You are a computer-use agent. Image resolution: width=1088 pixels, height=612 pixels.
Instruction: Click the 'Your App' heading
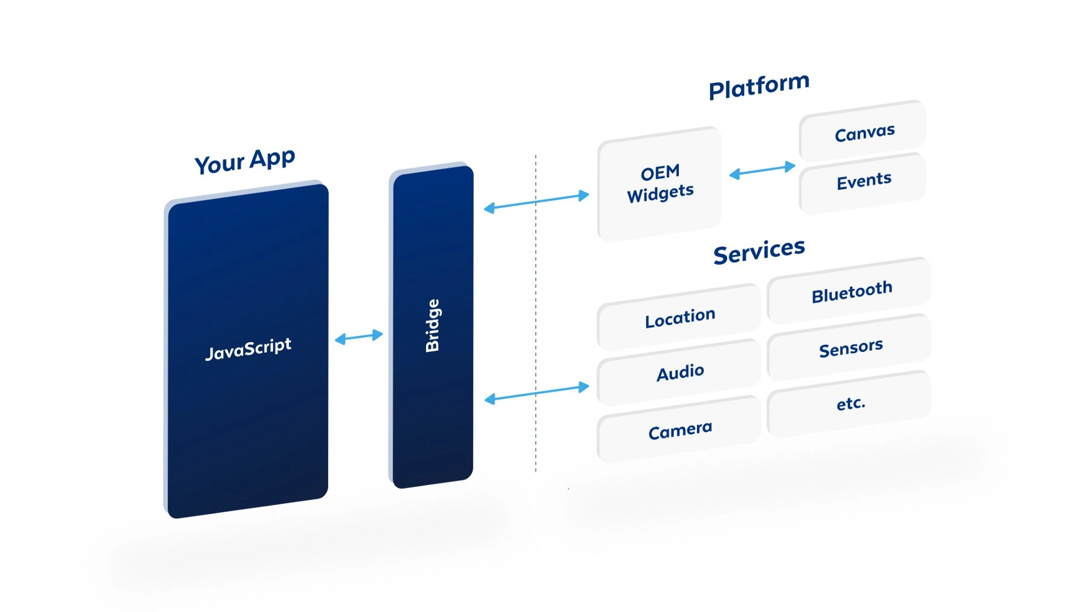click(x=245, y=161)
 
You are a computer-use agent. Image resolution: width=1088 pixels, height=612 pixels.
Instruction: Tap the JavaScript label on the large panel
click(x=248, y=349)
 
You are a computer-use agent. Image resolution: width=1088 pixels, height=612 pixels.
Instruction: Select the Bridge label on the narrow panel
click(x=433, y=325)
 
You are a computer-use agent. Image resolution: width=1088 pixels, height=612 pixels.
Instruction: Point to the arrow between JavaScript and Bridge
click(x=359, y=337)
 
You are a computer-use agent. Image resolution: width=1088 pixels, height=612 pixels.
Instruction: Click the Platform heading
click(x=759, y=86)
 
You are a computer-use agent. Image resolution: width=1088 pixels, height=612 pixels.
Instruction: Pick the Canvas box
click(x=864, y=132)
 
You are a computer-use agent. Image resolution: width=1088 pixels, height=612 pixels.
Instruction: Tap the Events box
click(x=864, y=181)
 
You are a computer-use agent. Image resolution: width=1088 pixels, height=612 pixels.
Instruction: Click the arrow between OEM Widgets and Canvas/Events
click(x=762, y=170)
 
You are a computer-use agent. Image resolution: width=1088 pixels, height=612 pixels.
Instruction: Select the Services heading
click(x=759, y=251)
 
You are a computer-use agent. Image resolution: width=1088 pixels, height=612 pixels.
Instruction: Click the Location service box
click(x=680, y=317)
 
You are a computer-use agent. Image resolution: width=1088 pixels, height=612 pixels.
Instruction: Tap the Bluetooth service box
click(x=851, y=292)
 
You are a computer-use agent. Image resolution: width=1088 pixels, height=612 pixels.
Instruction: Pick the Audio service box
click(x=680, y=373)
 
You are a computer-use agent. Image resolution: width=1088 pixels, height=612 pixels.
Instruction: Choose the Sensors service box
click(x=850, y=348)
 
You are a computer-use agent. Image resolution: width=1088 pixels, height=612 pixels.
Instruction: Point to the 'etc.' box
click(x=850, y=403)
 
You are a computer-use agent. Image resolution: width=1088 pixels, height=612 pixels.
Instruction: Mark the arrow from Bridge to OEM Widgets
click(x=537, y=202)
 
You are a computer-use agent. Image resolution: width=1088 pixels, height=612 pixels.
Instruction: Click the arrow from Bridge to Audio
click(x=537, y=392)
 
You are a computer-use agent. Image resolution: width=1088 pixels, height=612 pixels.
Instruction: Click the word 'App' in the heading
click(x=272, y=158)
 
